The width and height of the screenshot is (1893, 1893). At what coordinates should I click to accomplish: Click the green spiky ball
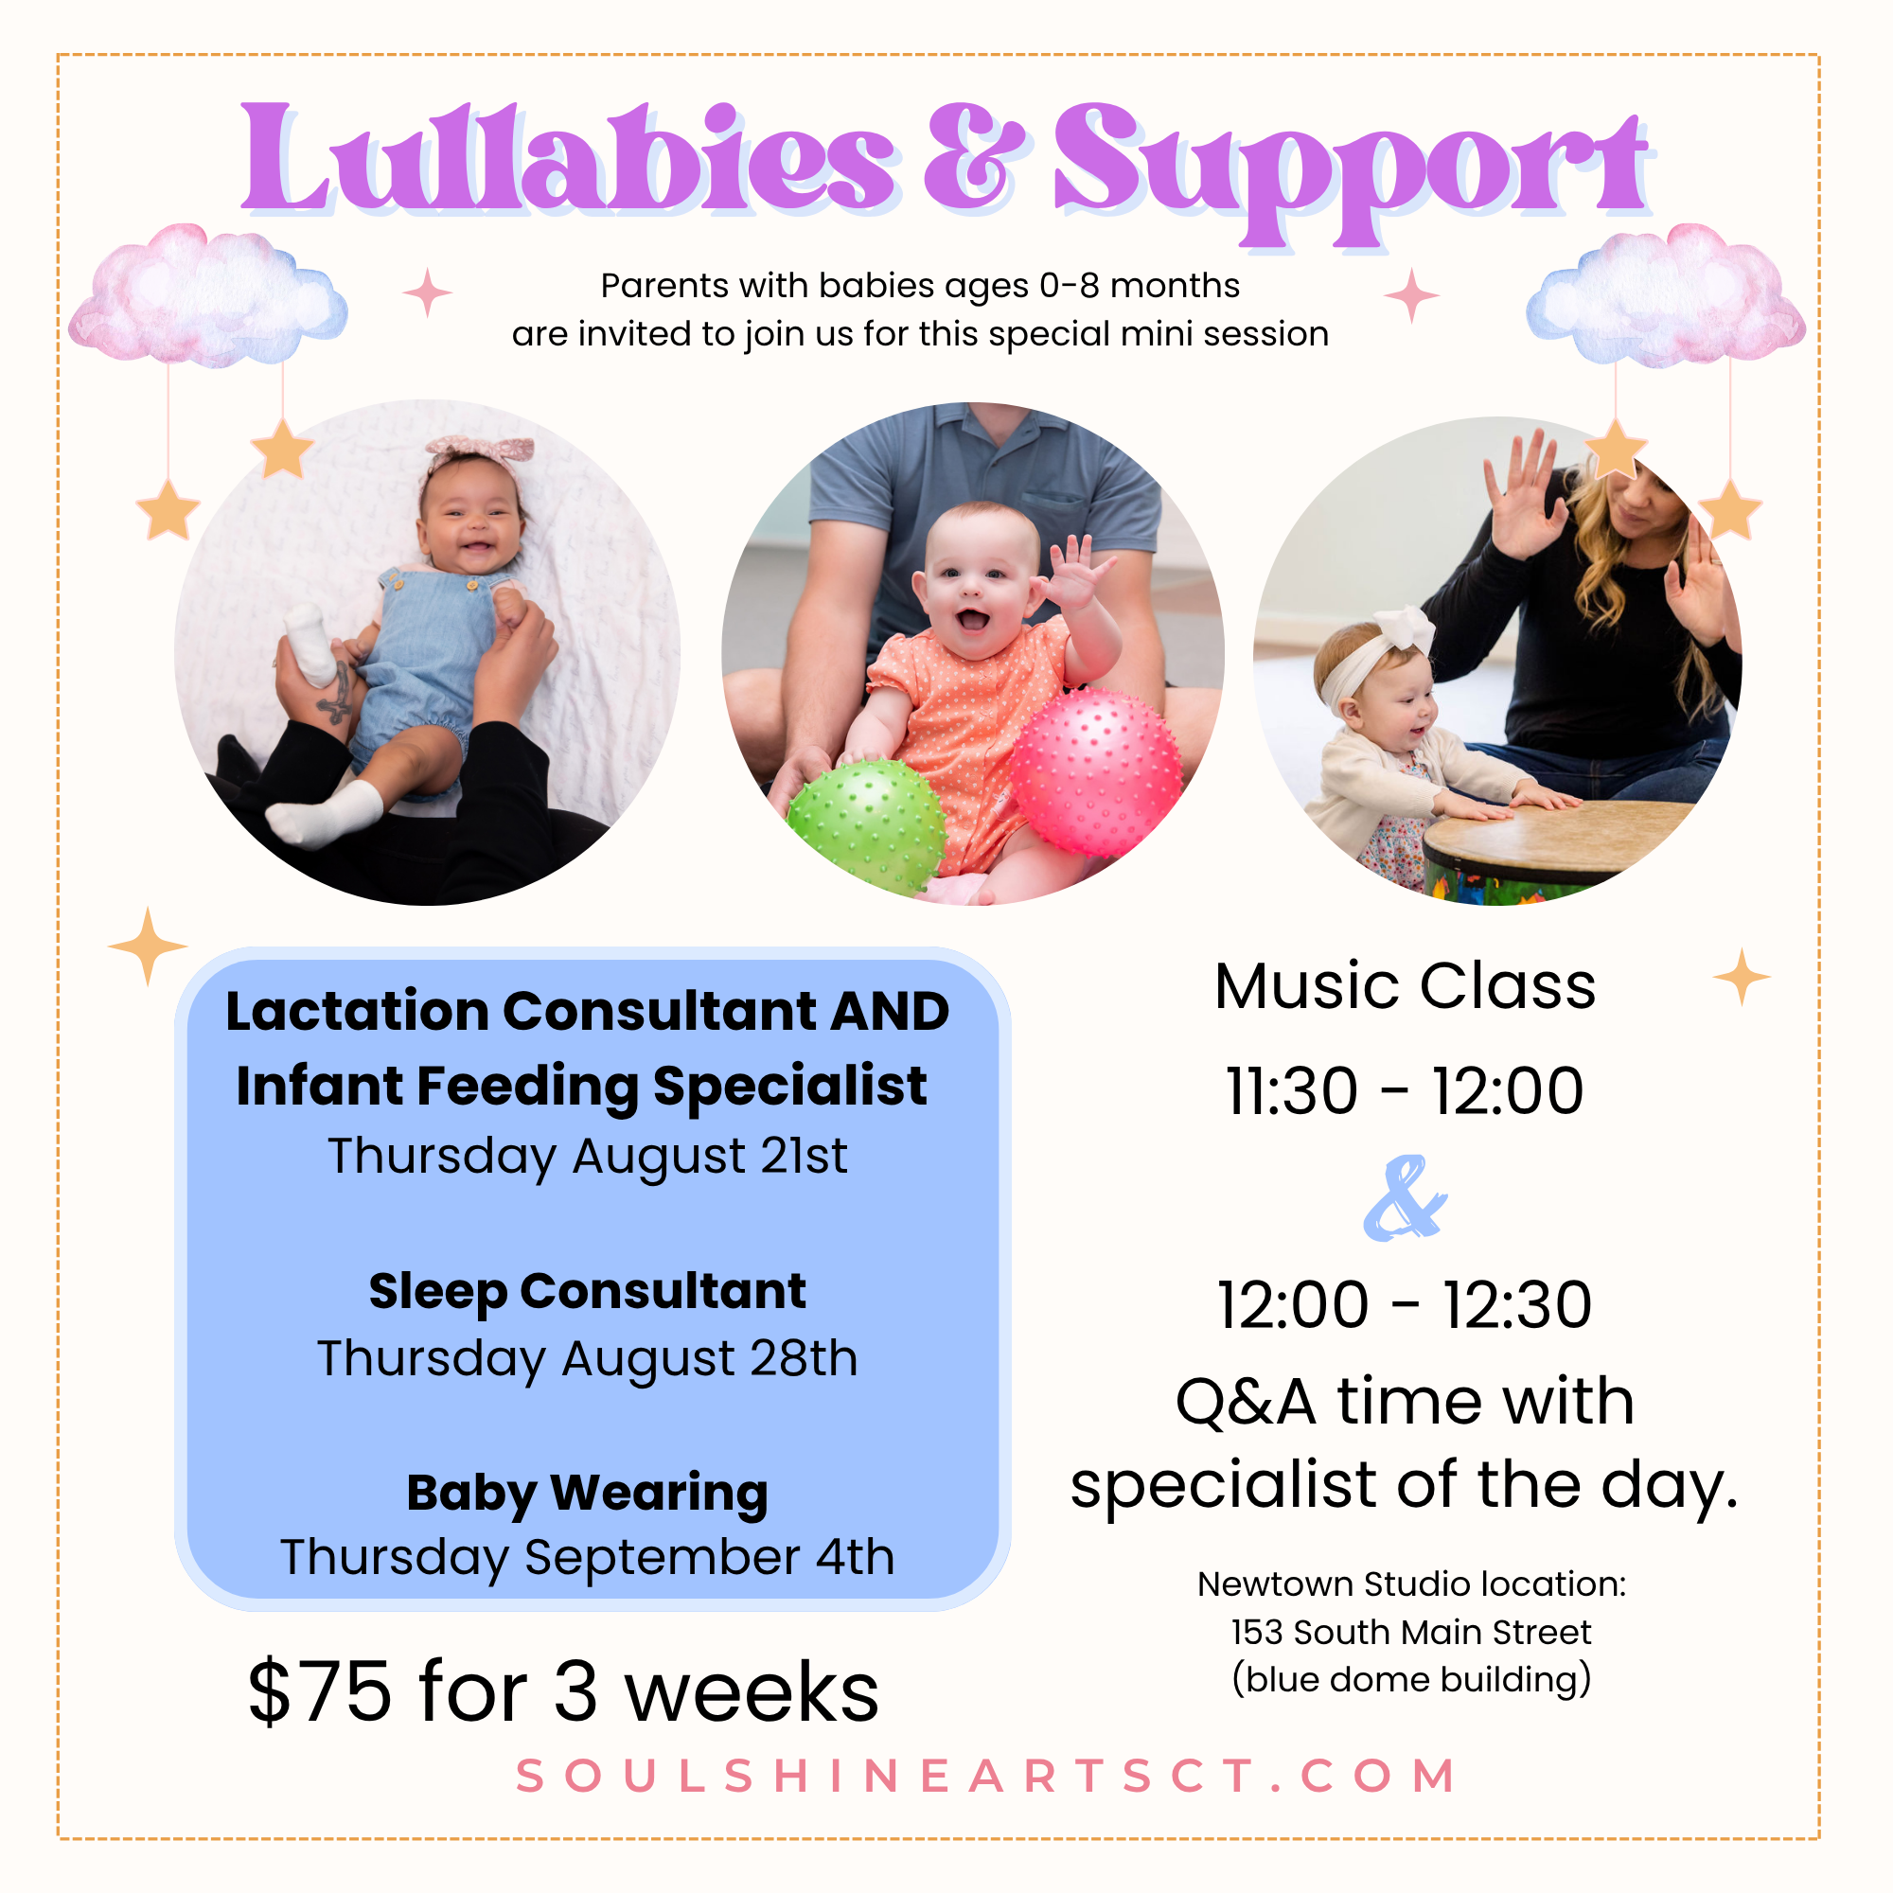(x=866, y=826)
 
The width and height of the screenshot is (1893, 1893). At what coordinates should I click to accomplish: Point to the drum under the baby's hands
(x=1548, y=848)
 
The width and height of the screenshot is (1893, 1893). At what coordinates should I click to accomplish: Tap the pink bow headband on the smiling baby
(x=480, y=453)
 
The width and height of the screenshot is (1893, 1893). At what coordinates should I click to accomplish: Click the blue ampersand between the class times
(x=1405, y=1198)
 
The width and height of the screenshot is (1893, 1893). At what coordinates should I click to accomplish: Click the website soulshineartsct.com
(x=985, y=1777)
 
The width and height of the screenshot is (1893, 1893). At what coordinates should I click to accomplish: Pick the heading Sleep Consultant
(x=588, y=1291)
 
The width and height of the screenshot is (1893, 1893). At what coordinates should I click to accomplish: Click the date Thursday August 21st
(x=588, y=1158)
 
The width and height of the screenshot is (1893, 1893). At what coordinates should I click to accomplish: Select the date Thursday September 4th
(x=588, y=1557)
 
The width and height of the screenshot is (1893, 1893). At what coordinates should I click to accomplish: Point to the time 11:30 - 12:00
(x=1405, y=1090)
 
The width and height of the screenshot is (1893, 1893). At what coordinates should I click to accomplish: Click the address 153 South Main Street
(x=1411, y=1632)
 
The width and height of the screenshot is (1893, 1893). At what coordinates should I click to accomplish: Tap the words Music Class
(x=1405, y=985)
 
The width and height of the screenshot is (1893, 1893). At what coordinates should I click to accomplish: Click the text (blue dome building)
(x=1411, y=1679)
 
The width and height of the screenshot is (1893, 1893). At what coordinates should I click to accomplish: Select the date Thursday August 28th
(x=588, y=1359)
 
